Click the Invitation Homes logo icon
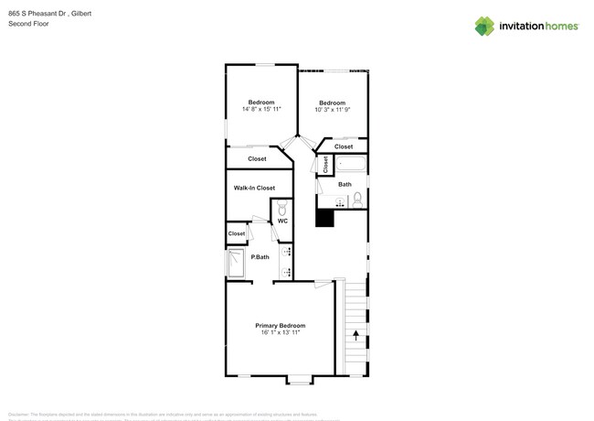(x=484, y=26)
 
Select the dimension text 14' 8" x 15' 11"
(x=261, y=109)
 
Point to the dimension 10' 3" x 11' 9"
(x=332, y=110)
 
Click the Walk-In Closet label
(x=254, y=188)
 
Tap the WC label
(x=282, y=221)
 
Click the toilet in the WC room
(x=282, y=207)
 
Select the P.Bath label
(x=260, y=257)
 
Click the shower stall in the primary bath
(x=236, y=265)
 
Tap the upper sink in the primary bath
(x=287, y=251)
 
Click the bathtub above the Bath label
(x=351, y=165)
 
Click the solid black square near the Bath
(x=324, y=217)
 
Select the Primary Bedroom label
(x=280, y=326)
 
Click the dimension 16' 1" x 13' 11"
(x=280, y=333)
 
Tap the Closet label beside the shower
(x=237, y=233)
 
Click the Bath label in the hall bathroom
(x=345, y=184)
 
